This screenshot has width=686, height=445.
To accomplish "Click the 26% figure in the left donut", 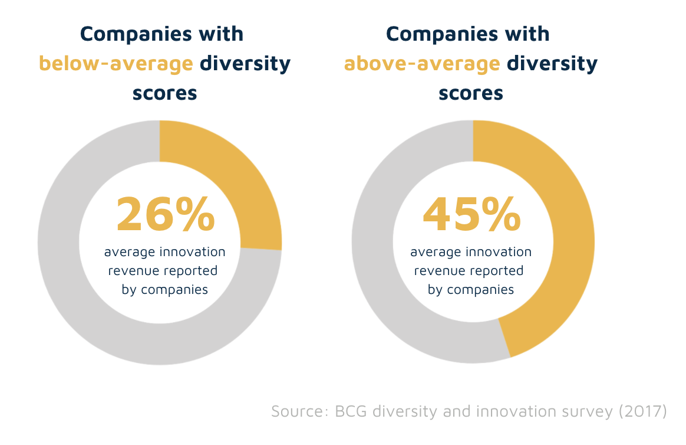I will pyautogui.click(x=165, y=215).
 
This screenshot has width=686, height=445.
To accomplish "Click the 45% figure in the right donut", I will pyautogui.click(x=471, y=215).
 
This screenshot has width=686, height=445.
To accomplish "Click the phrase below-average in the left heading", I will pyautogui.click(x=116, y=63).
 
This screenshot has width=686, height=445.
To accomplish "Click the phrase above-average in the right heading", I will pyautogui.click(x=421, y=63).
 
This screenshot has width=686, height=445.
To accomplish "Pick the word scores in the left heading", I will pyautogui.click(x=164, y=93).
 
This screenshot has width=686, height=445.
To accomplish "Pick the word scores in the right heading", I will pyautogui.click(x=470, y=93).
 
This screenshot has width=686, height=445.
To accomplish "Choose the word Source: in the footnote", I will pyautogui.click(x=300, y=411).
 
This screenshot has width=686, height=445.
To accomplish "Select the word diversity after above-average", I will pyautogui.click(x=552, y=63).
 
